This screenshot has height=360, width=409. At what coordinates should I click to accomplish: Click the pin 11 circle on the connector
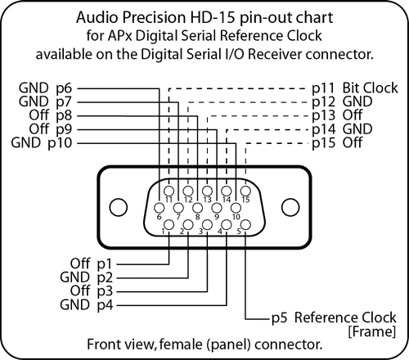tap(169, 191)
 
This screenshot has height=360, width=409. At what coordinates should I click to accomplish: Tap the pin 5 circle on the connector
tap(245, 225)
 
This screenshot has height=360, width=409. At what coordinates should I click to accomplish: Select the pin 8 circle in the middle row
tap(197, 208)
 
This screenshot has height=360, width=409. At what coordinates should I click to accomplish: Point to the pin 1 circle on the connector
tap(169, 225)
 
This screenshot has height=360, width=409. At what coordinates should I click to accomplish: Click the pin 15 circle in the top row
tap(245, 191)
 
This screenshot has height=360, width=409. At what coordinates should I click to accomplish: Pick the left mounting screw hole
tap(119, 207)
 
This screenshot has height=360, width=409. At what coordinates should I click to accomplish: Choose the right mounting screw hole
tap(290, 207)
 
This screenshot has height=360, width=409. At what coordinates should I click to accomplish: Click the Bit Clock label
tap(370, 88)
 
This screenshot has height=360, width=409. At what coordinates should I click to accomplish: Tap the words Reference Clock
tap(345, 317)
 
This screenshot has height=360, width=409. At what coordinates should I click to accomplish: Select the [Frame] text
tap(372, 331)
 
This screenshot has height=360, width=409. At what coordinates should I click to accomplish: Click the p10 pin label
tap(60, 143)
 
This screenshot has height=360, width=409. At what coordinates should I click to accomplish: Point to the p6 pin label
tap(64, 88)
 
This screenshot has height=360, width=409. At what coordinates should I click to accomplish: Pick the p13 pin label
tap(324, 115)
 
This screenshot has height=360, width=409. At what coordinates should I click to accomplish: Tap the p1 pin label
tap(105, 264)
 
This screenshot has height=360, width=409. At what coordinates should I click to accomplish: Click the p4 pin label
tap(105, 305)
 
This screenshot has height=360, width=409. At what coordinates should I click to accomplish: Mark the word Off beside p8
tap(39, 115)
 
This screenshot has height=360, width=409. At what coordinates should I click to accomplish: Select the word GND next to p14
tap(357, 129)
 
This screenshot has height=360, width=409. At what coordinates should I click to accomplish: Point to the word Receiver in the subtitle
tap(275, 54)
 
